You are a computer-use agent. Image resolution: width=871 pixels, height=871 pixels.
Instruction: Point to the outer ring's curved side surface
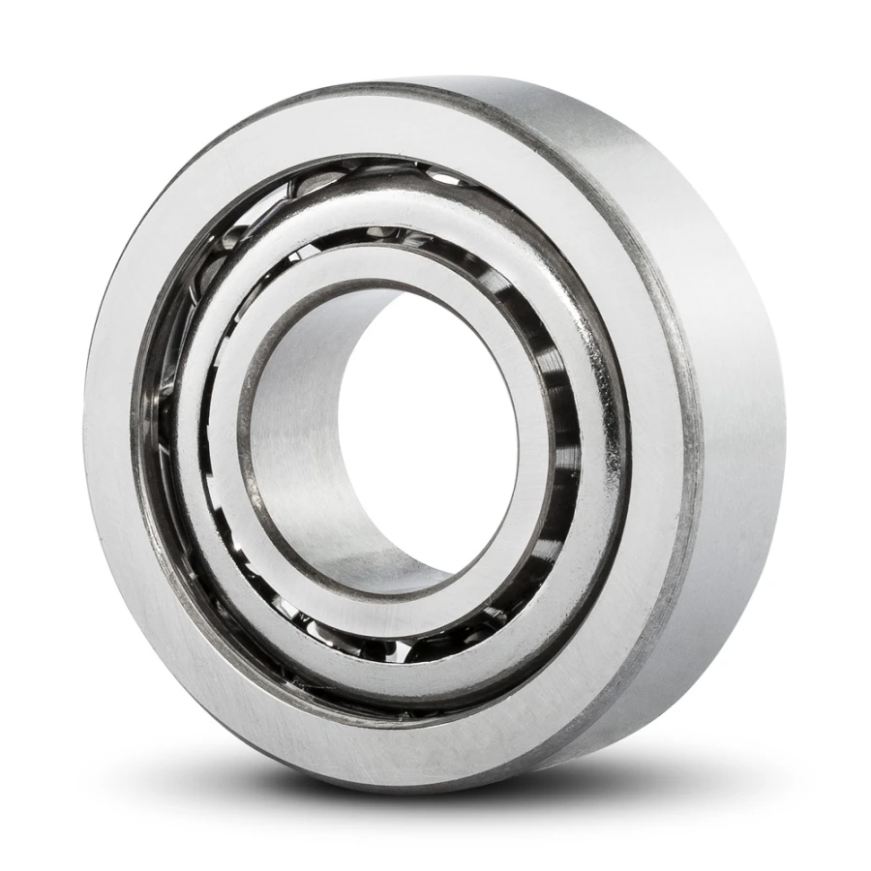pyautogui.click(x=736, y=387)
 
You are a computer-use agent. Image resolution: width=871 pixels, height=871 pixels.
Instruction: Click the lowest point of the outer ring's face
pyautogui.click(x=387, y=755)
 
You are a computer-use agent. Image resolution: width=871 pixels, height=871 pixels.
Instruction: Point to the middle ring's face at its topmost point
pyautogui.click(x=387, y=194)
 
